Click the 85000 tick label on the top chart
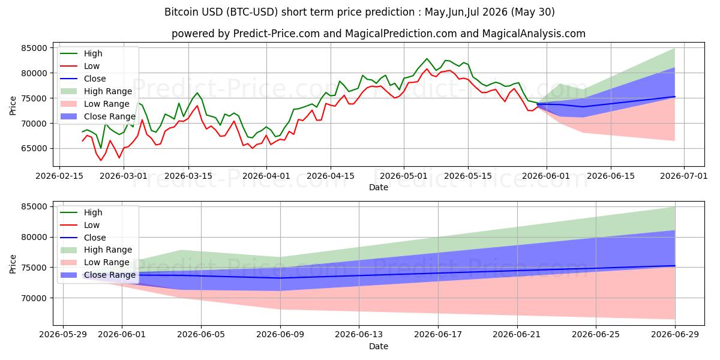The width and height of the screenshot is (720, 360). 34,48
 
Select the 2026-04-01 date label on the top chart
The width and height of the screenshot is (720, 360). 266,176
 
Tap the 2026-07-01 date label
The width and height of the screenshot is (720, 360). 683,176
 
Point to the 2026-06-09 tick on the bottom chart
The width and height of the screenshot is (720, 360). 280,335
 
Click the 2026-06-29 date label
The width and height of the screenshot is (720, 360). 675,335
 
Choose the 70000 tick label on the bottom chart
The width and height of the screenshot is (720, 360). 34,298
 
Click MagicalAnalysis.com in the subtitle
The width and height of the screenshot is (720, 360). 533,34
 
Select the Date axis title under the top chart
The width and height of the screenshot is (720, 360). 379,187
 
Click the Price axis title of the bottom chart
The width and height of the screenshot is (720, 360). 13,264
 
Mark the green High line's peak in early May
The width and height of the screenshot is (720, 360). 427,59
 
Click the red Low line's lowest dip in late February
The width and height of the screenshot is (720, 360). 101,160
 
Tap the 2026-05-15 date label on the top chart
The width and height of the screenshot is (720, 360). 468,176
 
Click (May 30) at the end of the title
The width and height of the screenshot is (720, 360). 533,12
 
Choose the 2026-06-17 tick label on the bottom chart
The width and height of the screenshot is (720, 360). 438,335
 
